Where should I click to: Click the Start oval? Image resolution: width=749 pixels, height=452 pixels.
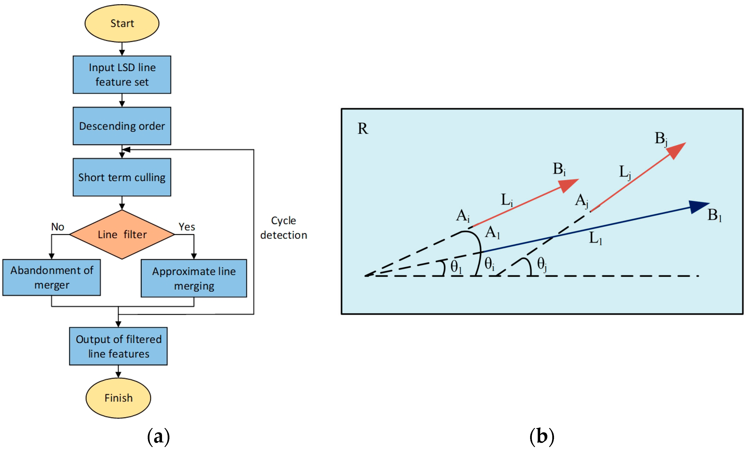click(122, 23)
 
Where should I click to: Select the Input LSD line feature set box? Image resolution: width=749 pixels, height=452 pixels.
click(122, 75)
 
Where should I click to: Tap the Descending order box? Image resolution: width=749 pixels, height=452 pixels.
click(122, 126)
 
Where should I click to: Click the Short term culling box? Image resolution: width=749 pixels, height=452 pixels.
click(122, 177)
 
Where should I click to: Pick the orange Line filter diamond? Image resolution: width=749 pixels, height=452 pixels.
click(122, 234)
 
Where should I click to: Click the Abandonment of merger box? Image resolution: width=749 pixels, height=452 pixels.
click(52, 278)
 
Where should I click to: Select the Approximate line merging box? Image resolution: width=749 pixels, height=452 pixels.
click(194, 279)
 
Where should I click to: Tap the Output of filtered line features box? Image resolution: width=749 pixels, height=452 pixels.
click(118, 346)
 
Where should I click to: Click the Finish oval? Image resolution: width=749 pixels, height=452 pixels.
click(118, 398)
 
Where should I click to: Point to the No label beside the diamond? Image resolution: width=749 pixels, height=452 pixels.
click(57, 227)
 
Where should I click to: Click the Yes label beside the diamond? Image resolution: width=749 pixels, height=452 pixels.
click(187, 227)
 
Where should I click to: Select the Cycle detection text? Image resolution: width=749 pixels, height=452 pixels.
click(283, 228)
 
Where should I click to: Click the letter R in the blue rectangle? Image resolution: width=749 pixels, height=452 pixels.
click(363, 129)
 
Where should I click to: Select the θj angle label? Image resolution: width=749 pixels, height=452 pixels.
click(542, 264)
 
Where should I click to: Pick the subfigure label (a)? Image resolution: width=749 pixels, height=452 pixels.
click(158, 437)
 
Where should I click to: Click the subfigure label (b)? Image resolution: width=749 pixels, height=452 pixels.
click(542, 437)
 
